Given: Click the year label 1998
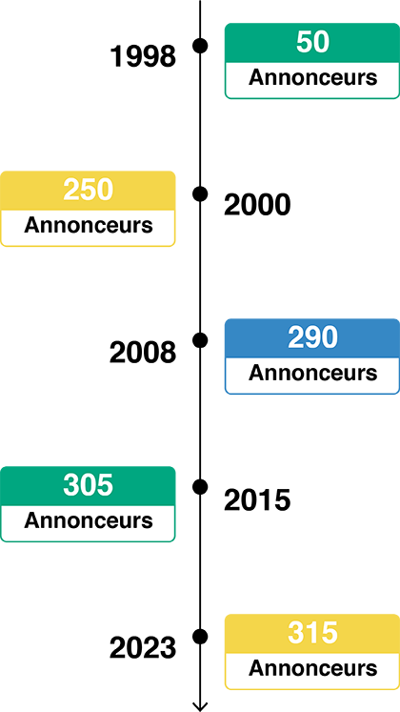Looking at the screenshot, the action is [143, 57].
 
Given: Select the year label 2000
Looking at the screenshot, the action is [257, 205].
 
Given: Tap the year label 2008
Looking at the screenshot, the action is [143, 353].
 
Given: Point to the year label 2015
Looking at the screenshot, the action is [257, 500].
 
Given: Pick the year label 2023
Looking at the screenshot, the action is [143, 648].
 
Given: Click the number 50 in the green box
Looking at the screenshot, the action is [313, 43].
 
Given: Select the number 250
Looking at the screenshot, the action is [88, 191].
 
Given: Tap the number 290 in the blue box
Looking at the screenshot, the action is [313, 337].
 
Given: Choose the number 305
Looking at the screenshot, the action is [88, 485].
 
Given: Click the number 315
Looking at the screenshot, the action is [313, 633].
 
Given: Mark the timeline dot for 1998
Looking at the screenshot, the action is [200, 46].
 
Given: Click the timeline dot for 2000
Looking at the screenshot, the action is [200, 193].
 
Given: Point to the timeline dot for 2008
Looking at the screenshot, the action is [200, 340].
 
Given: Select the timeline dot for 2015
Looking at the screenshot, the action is [200, 487].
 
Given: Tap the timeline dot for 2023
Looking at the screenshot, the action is [200, 636].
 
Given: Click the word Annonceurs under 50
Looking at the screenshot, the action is [313, 77].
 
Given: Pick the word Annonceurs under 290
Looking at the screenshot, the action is [313, 373].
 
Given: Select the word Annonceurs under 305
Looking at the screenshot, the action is [88, 520].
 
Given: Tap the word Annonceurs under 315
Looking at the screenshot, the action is [313, 668].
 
